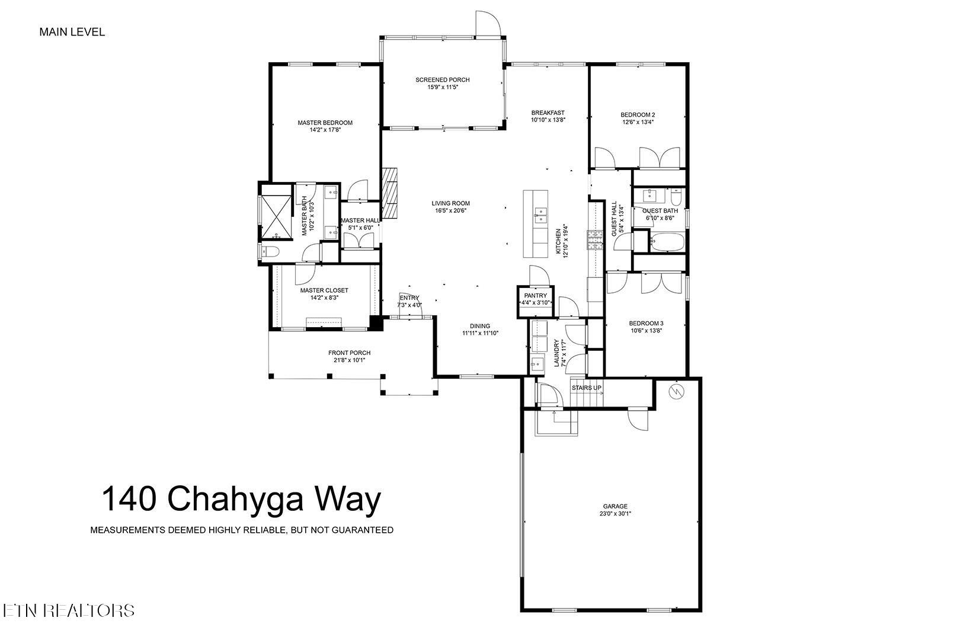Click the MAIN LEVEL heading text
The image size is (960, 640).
[72, 32]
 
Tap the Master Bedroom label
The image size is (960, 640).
[325, 123]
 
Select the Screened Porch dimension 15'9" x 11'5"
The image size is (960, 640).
[443, 87]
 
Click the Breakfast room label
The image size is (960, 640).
[548, 113]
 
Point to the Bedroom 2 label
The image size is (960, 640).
[638, 115]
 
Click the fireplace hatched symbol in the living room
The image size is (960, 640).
[390, 193]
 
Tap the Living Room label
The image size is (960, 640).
[450, 203]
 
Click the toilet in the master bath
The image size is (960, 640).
[270, 252]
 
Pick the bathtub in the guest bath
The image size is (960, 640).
[667, 241]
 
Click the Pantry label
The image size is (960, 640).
[535, 295]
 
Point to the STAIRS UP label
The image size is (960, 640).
[586, 388]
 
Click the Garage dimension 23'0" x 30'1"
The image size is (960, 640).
[615, 514]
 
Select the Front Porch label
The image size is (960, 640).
[349, 353]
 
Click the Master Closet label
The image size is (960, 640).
[324, 290]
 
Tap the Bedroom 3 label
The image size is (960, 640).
[646, 324]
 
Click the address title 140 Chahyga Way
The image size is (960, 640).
[241, 499]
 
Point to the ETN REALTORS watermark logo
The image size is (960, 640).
[68, 610]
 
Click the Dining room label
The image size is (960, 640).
[480, 326]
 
